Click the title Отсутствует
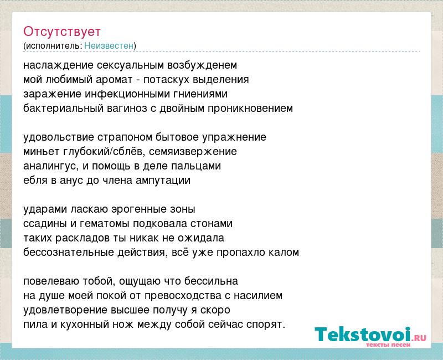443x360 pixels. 62,32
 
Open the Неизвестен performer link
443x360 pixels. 109,45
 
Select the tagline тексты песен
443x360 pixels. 388,344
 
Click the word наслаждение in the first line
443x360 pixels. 59,65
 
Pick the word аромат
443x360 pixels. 114,80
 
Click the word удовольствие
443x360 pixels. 59,137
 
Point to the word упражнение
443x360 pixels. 234,137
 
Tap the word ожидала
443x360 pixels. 201,238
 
